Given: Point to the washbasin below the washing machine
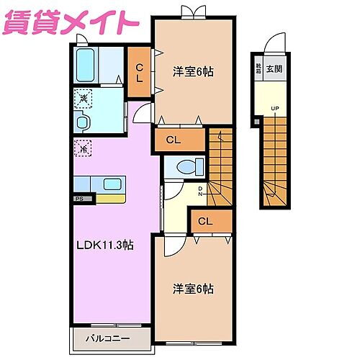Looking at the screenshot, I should (x=84, y=120).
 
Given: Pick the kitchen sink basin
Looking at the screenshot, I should (x=111, y=184).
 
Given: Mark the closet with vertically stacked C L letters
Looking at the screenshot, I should (x=140, y=71).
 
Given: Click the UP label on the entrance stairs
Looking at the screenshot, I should (x=274, y=109).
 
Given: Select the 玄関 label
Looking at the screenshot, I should (x=274, y=69).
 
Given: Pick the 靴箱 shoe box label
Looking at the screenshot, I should (x=258, y=69).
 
